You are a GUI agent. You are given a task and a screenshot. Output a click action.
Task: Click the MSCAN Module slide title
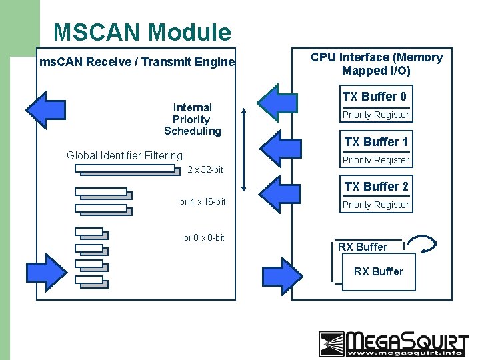point(142,32)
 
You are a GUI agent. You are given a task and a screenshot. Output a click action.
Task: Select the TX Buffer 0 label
point(374,97)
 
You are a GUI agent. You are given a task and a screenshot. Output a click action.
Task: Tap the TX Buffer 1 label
point(376,142)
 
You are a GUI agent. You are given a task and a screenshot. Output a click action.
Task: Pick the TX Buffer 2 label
point(376,187)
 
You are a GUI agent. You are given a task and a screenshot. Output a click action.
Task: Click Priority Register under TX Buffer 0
point(376,115)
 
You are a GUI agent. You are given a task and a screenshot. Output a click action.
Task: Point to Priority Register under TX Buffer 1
point(376,161)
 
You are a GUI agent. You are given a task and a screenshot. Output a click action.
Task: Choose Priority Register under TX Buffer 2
point(376,205)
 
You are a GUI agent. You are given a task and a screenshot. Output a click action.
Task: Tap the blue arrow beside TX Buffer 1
point(278,146)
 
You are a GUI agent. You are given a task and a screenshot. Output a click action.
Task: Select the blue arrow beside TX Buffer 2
point(279,191)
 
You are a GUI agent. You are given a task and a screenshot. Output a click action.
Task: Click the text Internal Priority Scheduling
point(193,119)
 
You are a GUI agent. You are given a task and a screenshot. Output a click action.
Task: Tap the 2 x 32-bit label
point(205,170)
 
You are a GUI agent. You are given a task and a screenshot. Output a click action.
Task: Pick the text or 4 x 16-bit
point(203,202)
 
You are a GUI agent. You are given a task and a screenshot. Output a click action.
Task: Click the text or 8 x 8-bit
point(204,238)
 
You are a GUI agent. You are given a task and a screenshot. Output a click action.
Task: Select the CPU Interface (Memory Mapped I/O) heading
point(376,64)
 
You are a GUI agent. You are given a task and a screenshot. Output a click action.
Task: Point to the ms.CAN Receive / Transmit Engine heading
point(137,63)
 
